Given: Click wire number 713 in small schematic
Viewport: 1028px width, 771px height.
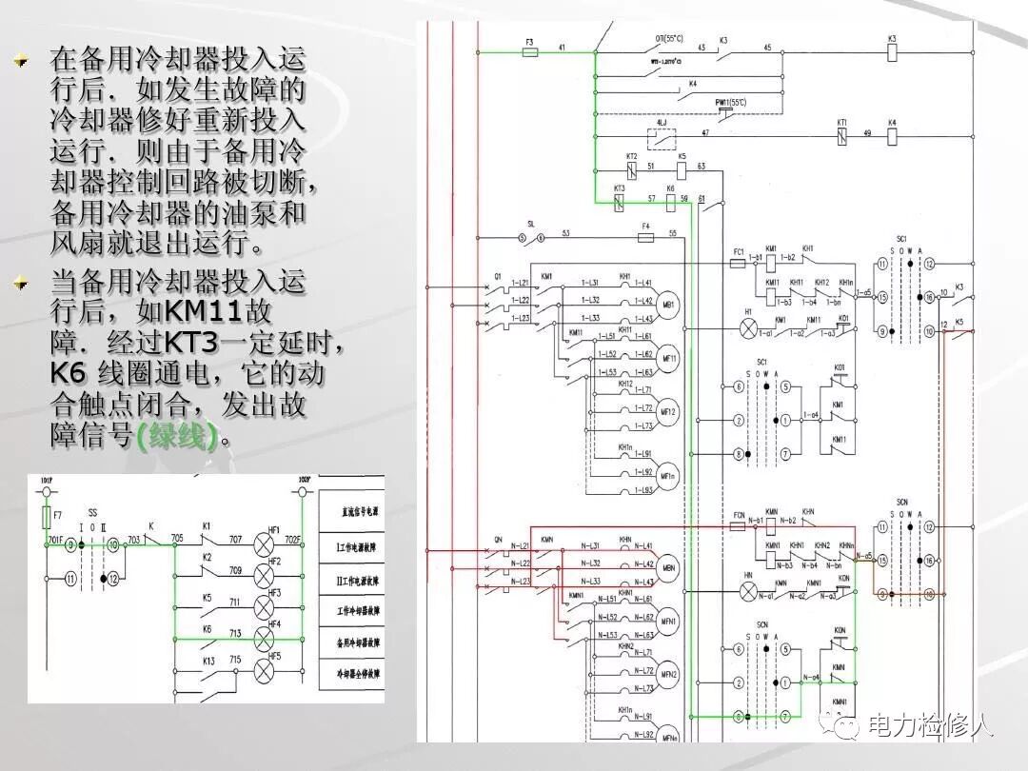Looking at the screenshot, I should coord(235,633).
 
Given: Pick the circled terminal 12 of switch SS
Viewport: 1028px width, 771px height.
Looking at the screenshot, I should coord(113,578).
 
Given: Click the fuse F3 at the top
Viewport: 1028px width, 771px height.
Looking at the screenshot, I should coord(530,52).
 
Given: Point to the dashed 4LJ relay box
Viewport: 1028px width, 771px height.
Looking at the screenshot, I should coord(662,137).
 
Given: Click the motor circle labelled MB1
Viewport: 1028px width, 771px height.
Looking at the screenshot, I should coord(668,304).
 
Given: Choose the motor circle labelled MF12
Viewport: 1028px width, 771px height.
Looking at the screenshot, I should coord(668,411).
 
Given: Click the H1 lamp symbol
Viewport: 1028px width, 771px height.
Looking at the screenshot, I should coord(748,326).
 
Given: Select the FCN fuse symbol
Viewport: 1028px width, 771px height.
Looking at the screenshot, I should coord(739,525).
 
